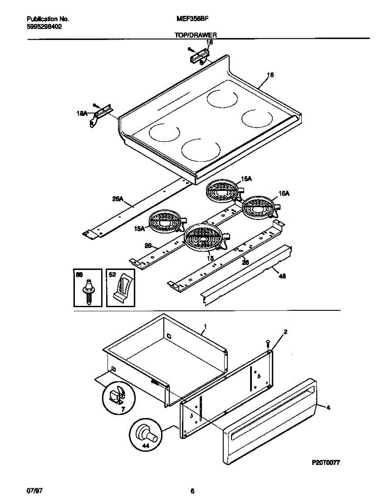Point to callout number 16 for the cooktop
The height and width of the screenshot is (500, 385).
(270, 75)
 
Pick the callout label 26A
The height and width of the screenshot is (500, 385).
(118, 199)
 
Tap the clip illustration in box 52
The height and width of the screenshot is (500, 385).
(122, 288)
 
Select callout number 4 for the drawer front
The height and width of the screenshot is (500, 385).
(328, 408)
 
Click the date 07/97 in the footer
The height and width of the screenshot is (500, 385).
(35, 490)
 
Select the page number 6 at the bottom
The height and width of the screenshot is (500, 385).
(193, 490)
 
